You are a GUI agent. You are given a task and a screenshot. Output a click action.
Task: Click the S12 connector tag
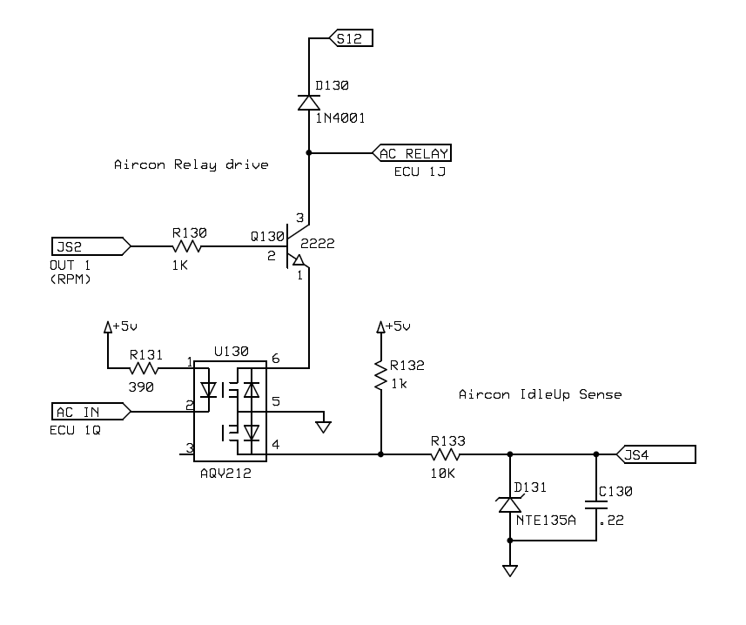tap(352, 38)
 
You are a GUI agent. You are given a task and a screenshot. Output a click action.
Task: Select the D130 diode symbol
tap(309, 102)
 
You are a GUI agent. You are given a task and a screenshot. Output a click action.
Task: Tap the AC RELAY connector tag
tap(413, 154)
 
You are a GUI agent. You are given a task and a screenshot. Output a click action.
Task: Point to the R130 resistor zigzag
tap(190, 246)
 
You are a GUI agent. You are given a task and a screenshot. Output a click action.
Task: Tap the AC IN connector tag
tap(91, 412)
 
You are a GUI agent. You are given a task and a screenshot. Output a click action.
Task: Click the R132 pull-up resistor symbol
tap(380, 375)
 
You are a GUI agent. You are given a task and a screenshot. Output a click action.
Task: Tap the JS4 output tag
tap(656, 454)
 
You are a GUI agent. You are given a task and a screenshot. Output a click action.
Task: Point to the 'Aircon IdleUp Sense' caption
tap(540, 394)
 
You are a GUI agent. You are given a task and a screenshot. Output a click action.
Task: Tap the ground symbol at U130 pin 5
tap(324, 425)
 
